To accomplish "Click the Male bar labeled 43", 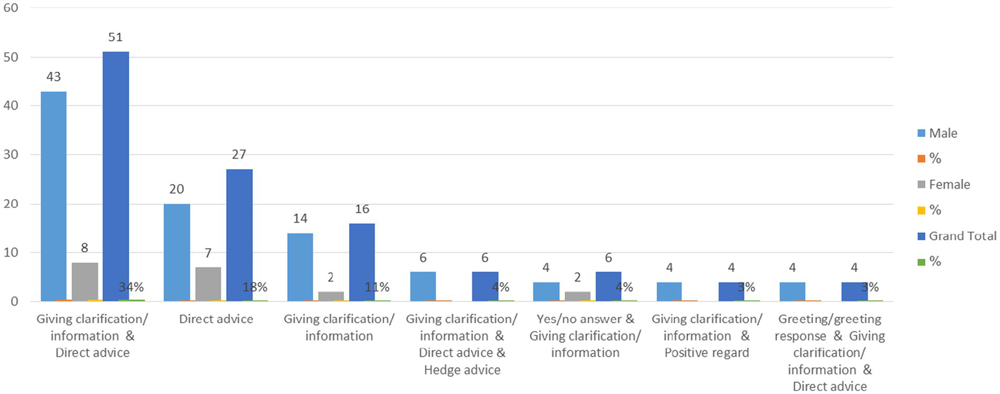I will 53,196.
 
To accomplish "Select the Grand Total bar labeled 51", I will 116,176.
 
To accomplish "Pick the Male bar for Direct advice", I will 177,252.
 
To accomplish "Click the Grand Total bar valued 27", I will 239,235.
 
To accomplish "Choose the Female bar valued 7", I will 208,284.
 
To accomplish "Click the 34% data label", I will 132,287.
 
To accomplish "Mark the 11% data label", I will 377,288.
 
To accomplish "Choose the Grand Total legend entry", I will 962,235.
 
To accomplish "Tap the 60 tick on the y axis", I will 12,8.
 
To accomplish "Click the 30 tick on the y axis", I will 12,155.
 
